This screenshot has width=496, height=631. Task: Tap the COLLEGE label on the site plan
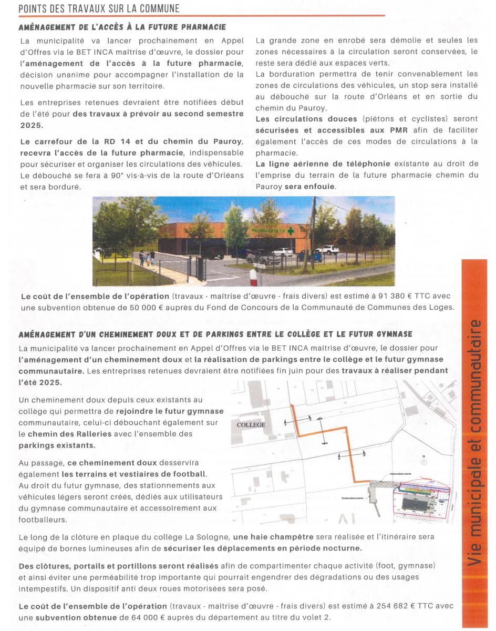pyautogui.click(x=252, y=425)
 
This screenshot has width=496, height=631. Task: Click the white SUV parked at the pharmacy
pyautogui.click(x=327, y=250)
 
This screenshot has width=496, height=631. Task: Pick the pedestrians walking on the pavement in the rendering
pyautogui.click(x=146, y=258)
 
